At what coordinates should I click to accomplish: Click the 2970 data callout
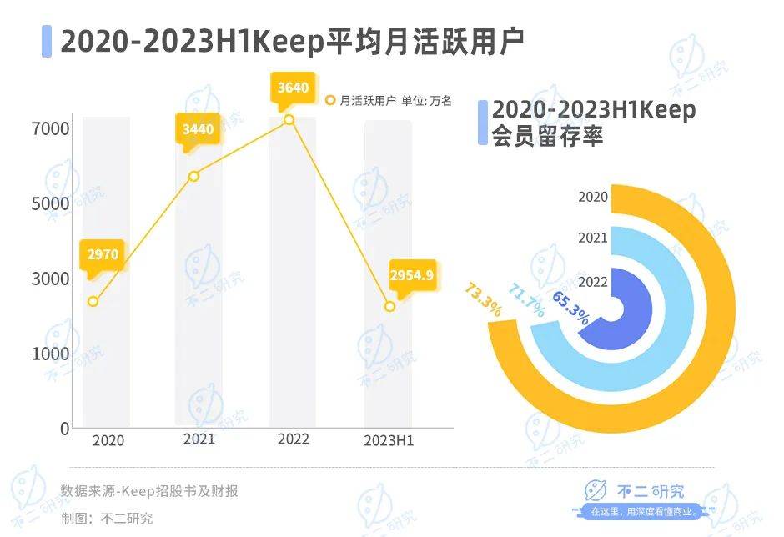point(104,254)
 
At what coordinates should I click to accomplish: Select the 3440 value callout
point(199,128)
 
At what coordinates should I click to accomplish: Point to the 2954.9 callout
point(411,275)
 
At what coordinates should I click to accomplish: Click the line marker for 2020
point(93,301)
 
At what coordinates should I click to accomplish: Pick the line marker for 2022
point(289,120)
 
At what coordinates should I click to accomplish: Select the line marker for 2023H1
point(389,307)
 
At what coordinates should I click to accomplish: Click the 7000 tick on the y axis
point(51,129)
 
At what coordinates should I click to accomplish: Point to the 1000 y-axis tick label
point(51,354)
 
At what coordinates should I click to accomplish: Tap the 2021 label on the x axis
point(199,439)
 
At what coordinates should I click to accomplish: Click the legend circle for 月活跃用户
point(330,101)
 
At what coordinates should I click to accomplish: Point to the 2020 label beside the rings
point(593,197)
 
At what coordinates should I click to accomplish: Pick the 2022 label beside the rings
point(593,281)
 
